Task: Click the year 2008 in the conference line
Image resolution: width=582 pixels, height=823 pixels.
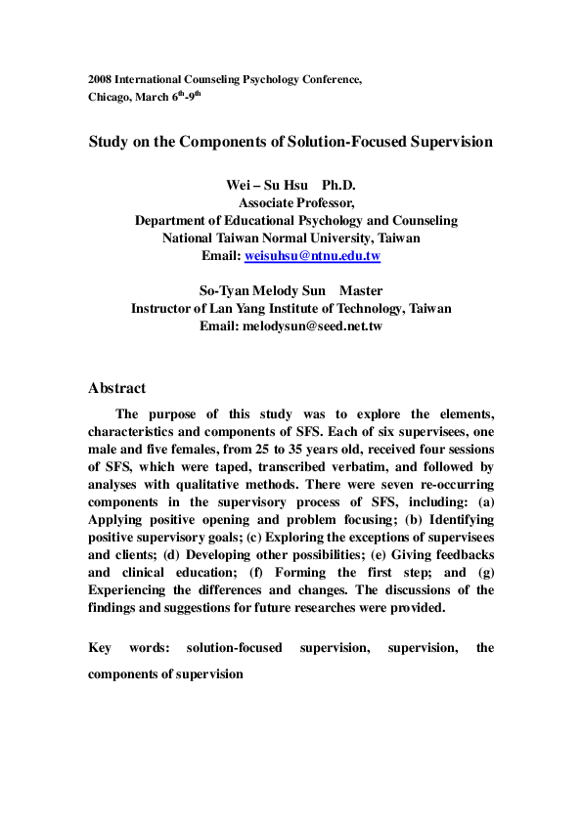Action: pyautogui.click(x=99, y=77)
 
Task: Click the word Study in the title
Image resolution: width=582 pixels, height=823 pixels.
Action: pyautogui.click(x=109, y=142)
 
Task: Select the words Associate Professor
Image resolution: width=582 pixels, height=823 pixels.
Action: pyautogui.click(x=296, y=203)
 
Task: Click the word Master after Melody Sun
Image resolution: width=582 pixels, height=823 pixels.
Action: pyautogui.click(x=361, y=290)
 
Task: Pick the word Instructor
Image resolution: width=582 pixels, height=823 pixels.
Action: pyautogui.click(x=165, y=308)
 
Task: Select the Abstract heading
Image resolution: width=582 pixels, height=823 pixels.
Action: pyautogui.click(x=116, y=388)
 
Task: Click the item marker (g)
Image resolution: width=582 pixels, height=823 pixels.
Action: pyautogui.click(x=483, y=572)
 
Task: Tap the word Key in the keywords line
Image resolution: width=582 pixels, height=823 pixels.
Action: pyautogui.click(x=100, y=648)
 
